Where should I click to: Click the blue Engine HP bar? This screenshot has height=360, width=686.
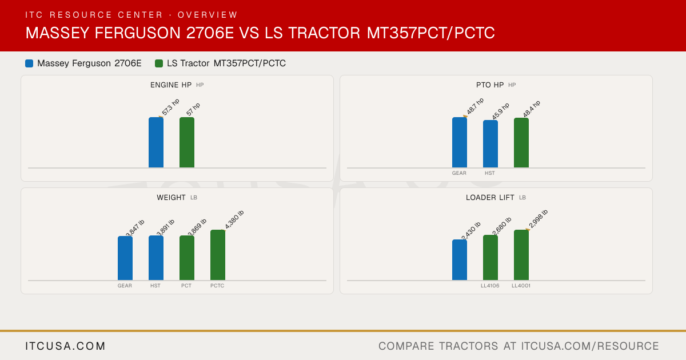156,142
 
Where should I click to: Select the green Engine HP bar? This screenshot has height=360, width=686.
187,142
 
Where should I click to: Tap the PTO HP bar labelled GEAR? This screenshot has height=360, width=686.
460,142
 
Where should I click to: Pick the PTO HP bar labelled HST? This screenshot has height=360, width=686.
490,144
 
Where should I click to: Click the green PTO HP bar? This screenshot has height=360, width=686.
521,143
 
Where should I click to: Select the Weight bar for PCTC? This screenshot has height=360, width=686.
218,255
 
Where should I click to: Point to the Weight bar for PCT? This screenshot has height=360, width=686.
187,258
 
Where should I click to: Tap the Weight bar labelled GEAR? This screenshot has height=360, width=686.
125,258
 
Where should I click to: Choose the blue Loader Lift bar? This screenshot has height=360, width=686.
460,260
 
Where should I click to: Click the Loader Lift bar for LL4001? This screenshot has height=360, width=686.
521,255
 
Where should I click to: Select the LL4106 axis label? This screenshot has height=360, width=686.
490,286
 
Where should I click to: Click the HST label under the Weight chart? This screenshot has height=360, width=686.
155,286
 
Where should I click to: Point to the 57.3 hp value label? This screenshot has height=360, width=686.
170,107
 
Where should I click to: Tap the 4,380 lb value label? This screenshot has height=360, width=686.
234,219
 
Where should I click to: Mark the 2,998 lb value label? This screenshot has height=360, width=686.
538,218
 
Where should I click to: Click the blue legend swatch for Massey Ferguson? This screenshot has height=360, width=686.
29,63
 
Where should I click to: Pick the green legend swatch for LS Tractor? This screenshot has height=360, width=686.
159,63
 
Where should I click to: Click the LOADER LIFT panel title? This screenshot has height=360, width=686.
490,198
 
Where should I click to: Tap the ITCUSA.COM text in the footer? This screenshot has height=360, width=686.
65,346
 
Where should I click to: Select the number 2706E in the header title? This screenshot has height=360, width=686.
210,33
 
